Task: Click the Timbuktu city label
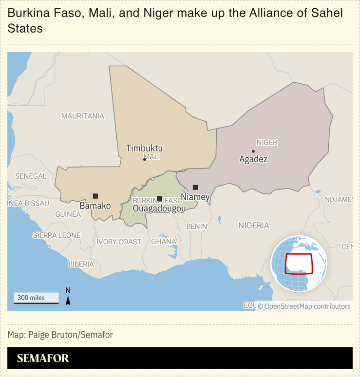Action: [144, 149]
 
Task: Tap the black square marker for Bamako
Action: [95, 196]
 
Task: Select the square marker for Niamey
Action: [195, 187]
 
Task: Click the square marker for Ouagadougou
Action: [160, 199]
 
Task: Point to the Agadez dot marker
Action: [253, 151]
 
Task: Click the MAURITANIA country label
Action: [82, 116]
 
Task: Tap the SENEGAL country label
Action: [31, 176]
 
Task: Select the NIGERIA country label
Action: [253, 226]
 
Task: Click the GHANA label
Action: [164, 241]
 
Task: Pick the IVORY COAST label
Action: [119, 242]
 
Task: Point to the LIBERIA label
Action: [81, 264]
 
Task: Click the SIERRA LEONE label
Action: [57, 235]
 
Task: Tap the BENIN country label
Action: [197, 226]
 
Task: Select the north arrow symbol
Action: [68, 298]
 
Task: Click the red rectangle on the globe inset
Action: [298, 264]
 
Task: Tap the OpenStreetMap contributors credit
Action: [304, 306]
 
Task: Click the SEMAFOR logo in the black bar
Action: [43, 358]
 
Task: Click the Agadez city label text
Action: [253, 159]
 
